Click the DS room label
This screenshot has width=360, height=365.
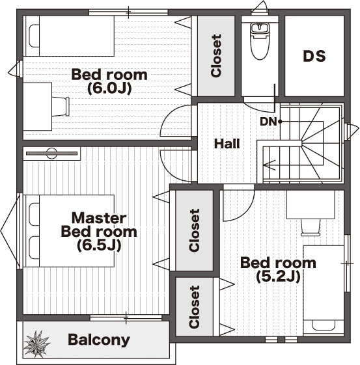coord(314,56)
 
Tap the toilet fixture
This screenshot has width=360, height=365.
coord(259,41)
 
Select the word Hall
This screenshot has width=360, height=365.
coord(227,143)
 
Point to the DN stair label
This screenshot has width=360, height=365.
coord(268,122)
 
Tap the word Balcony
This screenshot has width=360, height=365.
coord(99,340)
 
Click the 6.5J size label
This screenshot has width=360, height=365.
coord(99,245)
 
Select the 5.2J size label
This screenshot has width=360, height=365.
coord(278,277)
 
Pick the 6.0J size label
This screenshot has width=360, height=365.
coord(109,88)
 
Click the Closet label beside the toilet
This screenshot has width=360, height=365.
coord(216,56)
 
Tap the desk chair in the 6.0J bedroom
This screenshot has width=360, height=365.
coord(61,107)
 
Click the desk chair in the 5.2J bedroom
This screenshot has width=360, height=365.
coord(311,227)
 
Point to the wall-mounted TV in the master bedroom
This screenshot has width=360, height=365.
coord(51,154)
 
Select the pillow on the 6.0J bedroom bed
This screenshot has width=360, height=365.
coord(34,36)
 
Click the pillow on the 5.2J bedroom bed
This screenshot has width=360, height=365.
coord(324,325)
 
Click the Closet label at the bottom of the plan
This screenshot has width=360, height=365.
coord(195,307)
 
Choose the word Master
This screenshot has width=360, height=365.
coord(99,218)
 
